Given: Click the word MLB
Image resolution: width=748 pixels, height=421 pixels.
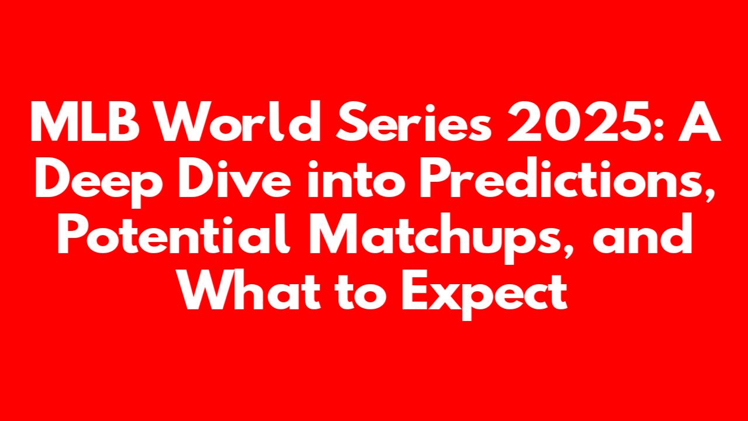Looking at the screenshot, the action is (x=85, y=122).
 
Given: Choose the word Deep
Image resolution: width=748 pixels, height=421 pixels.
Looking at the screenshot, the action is (x=99, y=181).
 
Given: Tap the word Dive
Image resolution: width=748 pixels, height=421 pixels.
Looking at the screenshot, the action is (x=235, y=178).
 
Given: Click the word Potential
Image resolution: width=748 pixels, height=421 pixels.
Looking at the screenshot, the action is (x=174, y=234).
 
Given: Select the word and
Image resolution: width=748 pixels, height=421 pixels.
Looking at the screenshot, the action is (x=642, y=234).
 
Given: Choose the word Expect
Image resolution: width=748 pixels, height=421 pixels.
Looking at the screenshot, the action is (x=484, y=296).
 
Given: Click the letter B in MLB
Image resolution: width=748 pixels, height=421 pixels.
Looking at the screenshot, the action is (x=123, y=122).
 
